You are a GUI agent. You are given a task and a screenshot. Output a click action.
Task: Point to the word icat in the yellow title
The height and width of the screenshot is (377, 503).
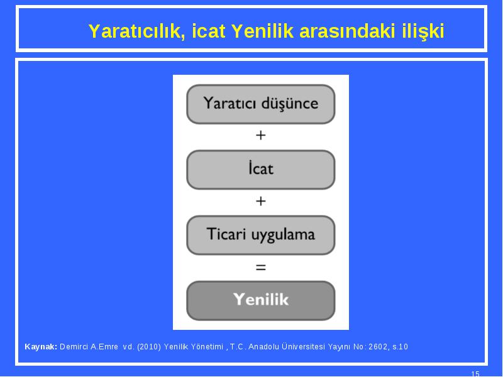(209, 31)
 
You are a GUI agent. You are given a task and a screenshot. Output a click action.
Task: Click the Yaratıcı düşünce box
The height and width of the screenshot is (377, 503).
(261, 104)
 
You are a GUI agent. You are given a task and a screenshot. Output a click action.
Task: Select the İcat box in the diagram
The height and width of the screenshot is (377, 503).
(261, 170)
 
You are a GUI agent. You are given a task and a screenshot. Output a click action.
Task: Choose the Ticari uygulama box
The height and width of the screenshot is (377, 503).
(261, 235)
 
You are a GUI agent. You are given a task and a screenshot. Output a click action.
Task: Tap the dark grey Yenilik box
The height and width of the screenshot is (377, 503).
(261, 301)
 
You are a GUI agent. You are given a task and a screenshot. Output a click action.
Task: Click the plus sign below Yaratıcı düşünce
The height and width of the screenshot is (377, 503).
(261, 135)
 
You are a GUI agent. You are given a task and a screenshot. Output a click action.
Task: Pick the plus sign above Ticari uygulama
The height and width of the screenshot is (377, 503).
(261, 201)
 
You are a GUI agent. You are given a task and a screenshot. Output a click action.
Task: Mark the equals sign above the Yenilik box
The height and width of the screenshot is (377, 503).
(261, 267)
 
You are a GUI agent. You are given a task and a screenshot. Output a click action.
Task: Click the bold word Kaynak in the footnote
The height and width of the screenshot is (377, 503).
(41, 347)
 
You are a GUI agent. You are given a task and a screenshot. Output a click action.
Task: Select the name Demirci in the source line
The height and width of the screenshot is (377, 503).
(74, 347)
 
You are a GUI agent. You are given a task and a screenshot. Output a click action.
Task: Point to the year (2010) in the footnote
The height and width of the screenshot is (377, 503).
(149, 347)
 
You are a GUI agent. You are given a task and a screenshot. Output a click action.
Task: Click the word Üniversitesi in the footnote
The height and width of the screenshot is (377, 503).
(304, 346)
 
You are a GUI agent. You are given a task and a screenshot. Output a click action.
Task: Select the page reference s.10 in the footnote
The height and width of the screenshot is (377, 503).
(400, 347)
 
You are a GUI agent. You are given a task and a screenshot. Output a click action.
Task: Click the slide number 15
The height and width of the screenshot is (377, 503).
(475, 374)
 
